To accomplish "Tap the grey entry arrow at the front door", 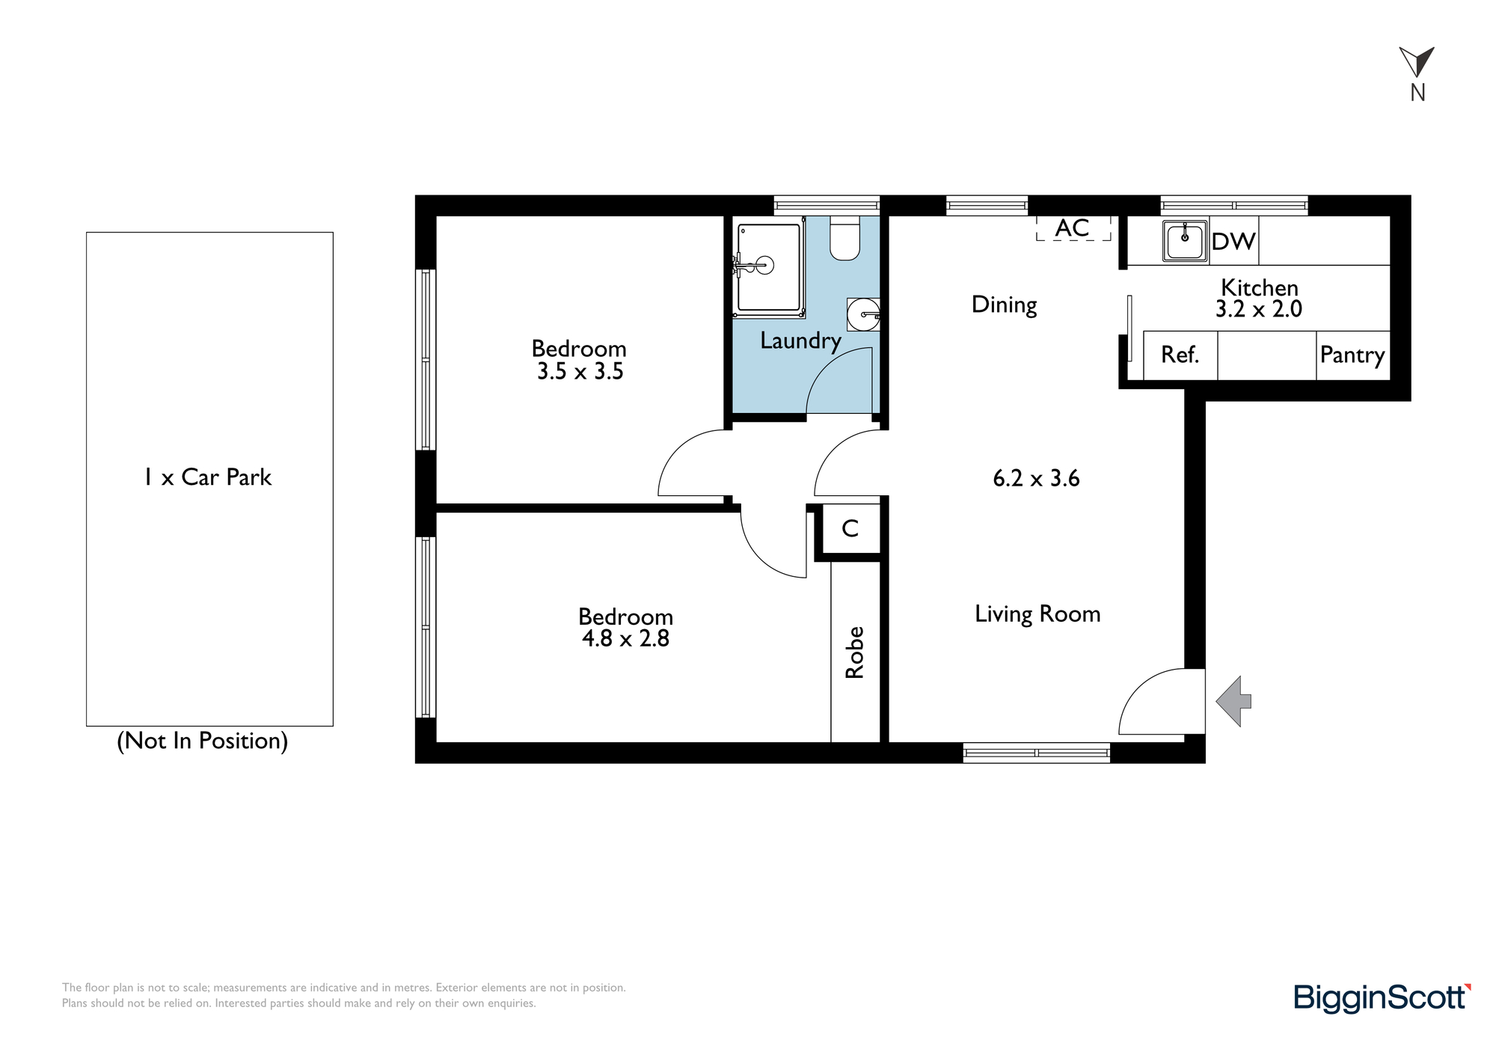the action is pyautogui.click(x=1233, y=701).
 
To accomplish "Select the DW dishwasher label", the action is pyautogui.click(x=1233, y=241).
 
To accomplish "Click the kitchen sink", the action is pyautogui.click(x=1185, y=241).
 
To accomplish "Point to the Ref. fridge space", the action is pyautogui.click(x=1180, y=355).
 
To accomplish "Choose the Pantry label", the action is pyautogui.click(x=1352, y=355).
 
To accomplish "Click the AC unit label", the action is pyautogui.click(x=1073, y=228).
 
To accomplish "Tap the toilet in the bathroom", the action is pyautogui.click(x=845, y=238).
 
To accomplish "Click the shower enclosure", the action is pyautogui.click(x=770, y=266).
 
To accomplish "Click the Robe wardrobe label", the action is pyautogui.click(x=854, y=652).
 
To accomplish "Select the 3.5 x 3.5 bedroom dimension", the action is pyautogui.click(x=580, y=371).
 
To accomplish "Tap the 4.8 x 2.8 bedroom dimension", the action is pyautogui.click(x=625, y=638).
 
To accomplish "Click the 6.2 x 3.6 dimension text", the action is pyautogui.click(x=1036, y=478).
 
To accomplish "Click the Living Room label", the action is pyautogui.click(x=1037, y=614).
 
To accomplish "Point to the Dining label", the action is pyautogui.click(x=1004, y=305).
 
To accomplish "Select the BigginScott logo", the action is pyautogui.click(x=1382, y=998).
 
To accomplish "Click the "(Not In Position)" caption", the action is pyautogui.click(x=203, y=741).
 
